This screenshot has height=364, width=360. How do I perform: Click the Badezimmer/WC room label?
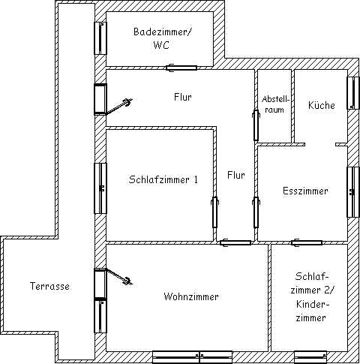(x=162, y=38)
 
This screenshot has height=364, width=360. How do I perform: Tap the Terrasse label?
(x=49, y=286)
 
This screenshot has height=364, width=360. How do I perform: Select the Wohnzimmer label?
(x=191, y=296)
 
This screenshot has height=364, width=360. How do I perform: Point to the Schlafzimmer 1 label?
(x=163, y=179)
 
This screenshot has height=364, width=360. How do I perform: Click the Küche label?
(x=322, y=105)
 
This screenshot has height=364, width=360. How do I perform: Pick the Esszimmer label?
(x=305, y=191)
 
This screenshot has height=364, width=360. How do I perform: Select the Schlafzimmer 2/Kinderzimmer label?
(x=311, y=297)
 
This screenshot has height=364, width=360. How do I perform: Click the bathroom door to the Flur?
(x=181, y=68)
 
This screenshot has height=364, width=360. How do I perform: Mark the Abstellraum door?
(x=256, y=125)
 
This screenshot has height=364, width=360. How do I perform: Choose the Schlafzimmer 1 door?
(x=215, y=212)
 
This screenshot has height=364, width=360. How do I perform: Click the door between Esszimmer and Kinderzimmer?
(x=307, y=242)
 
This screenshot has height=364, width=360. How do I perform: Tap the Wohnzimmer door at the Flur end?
(x=235, y=242)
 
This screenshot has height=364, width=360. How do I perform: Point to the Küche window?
(x=353, y=93)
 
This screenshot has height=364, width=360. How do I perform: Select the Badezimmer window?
(x=100, y=38)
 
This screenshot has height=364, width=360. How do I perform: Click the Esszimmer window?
(x=353, y=192)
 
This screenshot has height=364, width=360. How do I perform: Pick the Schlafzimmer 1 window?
(x=100, y=188)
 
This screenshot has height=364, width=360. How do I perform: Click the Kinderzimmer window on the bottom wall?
(x=310, y=357)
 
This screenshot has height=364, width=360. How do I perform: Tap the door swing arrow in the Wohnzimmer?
(x=118, y=276)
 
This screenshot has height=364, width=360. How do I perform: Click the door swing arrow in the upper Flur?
(x=118, y=107)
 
